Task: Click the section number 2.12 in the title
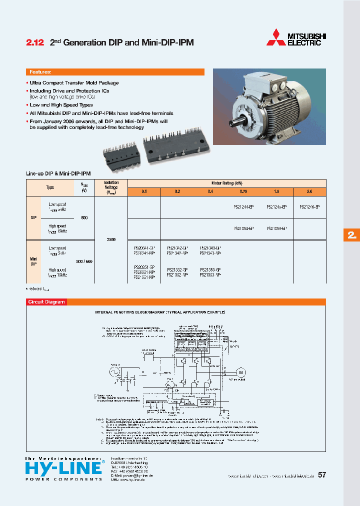coord(34,43)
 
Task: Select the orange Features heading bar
coord(115,72)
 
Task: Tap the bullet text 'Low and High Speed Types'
coord(61,105)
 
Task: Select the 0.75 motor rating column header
coord(243,191)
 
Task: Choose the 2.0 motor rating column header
coord(309,191)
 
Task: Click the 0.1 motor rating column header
coord(144,191)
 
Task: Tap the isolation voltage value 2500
coord(111,240)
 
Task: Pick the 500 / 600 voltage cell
coord(83,261)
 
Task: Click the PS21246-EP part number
coord(309,206)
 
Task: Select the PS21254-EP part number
coord(243,228)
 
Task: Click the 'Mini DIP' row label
coord(33,261)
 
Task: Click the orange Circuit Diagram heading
coord(46,302)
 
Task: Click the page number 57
coord(322,475)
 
